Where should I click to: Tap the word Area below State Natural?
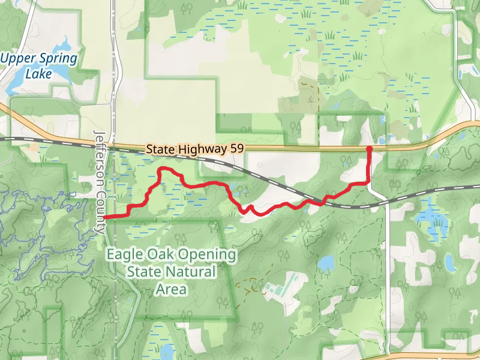click(x=171, y=289)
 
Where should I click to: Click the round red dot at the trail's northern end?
click(x=369, y=148)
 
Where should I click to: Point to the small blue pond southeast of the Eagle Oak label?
click(x=326, y=263)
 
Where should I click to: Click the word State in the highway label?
click(x=159, y=148)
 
